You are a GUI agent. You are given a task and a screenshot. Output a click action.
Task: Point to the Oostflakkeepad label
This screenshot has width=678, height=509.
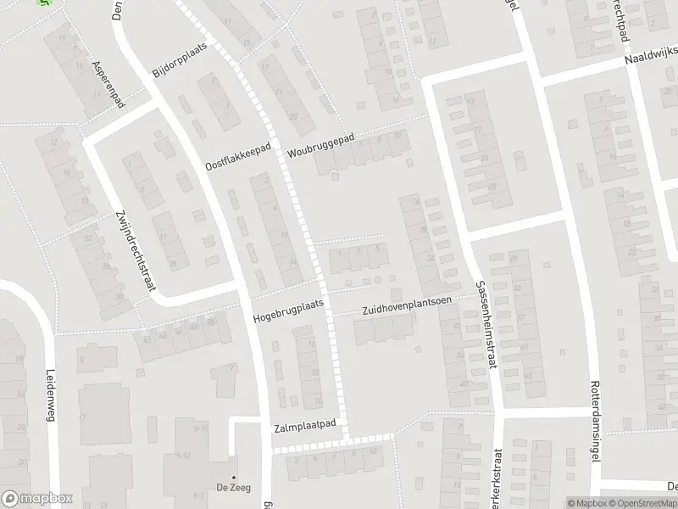[x=238, y=156]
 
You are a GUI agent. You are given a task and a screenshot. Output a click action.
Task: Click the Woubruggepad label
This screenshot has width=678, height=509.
[x=320, y=144]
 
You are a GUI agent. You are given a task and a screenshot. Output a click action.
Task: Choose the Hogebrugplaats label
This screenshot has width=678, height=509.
[x=288, y=311]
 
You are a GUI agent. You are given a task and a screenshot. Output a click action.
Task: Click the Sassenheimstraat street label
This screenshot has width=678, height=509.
[x=485, y=326]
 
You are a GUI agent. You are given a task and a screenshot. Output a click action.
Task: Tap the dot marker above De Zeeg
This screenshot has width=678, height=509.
[x=234, y=476]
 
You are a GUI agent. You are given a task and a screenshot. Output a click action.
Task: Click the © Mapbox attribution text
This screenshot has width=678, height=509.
[x=589, y=503]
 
